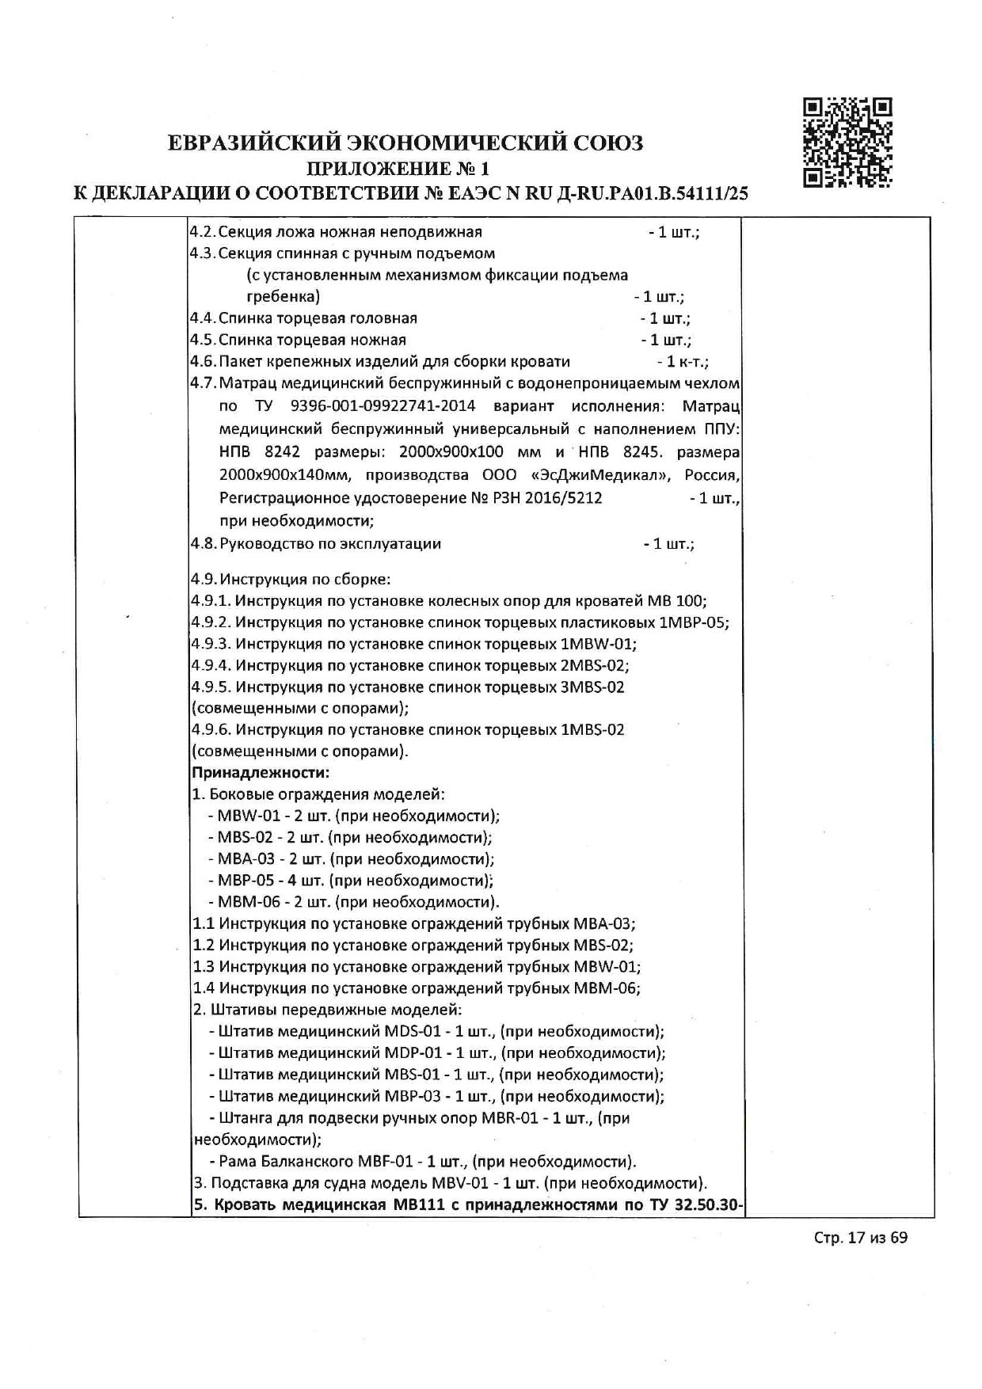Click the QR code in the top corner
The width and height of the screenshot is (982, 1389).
847,143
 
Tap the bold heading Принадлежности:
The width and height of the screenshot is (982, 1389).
261,772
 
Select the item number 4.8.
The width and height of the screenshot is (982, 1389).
204,544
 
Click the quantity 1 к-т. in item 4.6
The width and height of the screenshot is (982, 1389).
686,362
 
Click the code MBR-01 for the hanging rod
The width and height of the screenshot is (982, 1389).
511,1119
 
